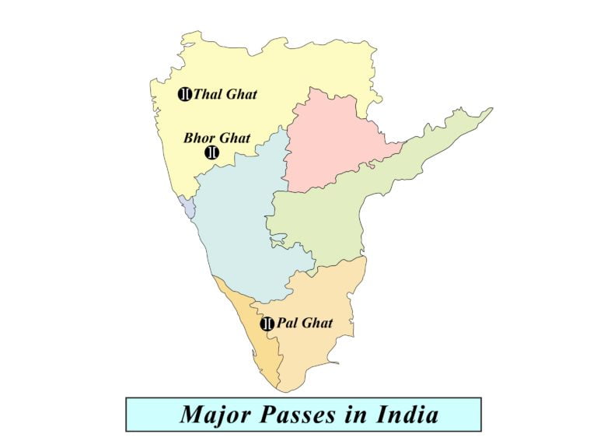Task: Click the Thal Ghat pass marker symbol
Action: click(x=185, y=95)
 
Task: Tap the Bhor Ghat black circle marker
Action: click(x=211, y=152)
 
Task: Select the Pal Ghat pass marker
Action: click(x=267, y=324)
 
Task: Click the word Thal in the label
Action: click(x=208, y=95)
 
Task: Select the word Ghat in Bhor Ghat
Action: click(x=235, y=138)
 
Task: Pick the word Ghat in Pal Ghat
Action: click(x=317, y=323)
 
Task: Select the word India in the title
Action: click(x=405, y=414)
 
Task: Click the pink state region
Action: click(x=330, y=144)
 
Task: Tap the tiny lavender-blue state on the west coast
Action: click(x=186, y=205)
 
